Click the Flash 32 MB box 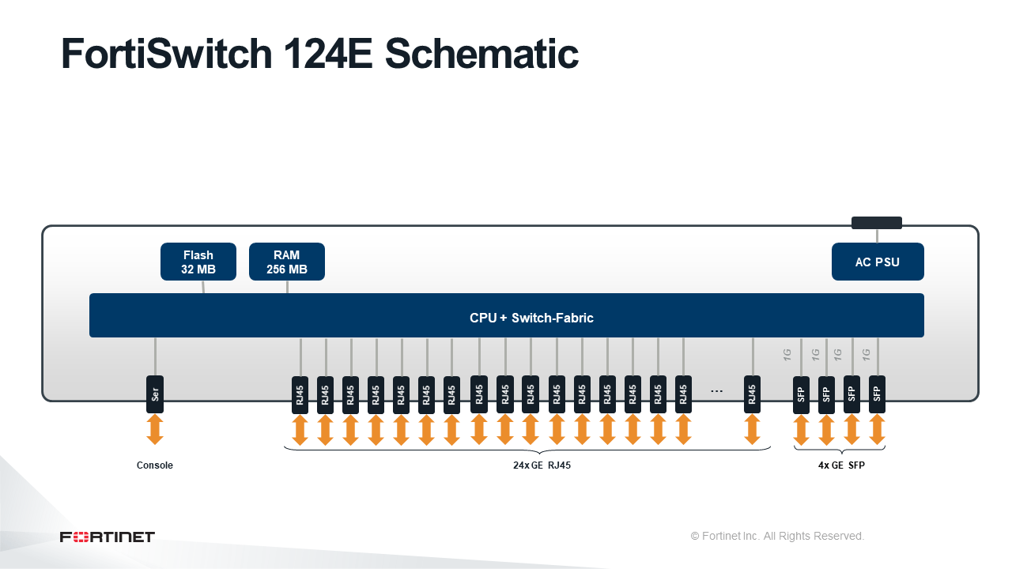[x=198, y=262]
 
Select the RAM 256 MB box [x=287, y=262]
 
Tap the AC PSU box [x=878, y=262]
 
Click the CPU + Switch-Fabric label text [x=531, y=318]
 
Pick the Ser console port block [x=155, y=394]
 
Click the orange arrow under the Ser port [x=155, y=429]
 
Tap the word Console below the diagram [x=154, y=465]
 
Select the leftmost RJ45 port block [x=300, y=394]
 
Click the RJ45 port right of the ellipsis [x=752, y=394]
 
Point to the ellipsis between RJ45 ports [x=716, y=391]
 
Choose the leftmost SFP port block [x=801, y=394]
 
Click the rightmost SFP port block [x=877, y=394]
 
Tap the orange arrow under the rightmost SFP [x=877, y=430]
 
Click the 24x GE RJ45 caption [x=542, y=465]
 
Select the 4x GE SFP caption [x=841, y=465]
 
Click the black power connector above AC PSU [x=877, y=223]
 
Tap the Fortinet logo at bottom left [x=107, y=537]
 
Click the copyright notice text [x=777, y=536]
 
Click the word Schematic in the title [x=481, y=55]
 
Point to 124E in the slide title [x=328, y=55]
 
